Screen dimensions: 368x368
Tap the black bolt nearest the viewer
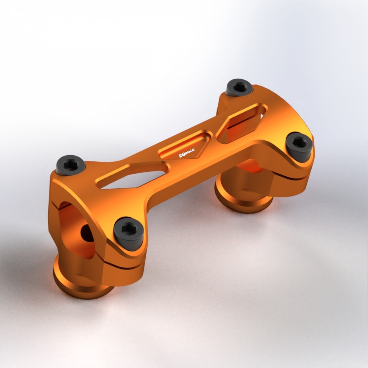(129, 233)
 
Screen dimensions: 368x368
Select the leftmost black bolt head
(70, 164)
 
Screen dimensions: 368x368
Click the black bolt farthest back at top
(239, 87)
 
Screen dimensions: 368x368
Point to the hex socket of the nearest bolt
(128, 229)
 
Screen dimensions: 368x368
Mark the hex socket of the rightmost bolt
(299, 142)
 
